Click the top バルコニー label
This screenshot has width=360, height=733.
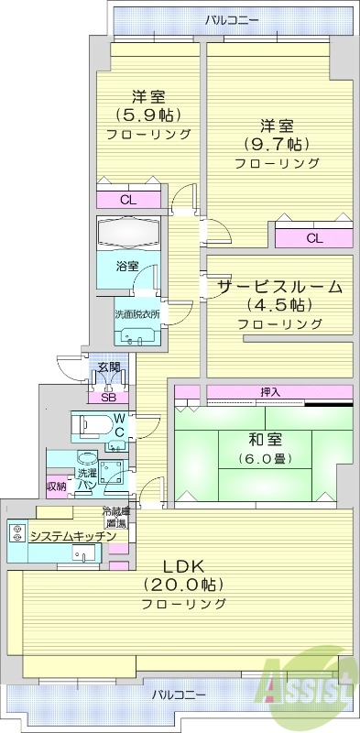(x=232, y=17)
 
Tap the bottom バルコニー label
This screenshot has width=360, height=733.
(x=180, y=694)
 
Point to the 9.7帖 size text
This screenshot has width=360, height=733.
(x=277, y=144)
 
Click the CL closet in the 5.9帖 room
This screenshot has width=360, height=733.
(x=128, y=199)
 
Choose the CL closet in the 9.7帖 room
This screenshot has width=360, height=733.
(x=314, y=238)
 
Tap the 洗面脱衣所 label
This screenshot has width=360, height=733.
(x=136, y=314)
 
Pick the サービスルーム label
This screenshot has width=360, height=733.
(x=279, y=286)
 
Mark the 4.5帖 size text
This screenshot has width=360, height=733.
(x=278, y=305)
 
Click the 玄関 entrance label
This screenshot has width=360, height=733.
(x=108, y=367)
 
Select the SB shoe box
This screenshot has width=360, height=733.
(x=108, y=397)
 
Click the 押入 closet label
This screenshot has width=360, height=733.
(x=270, y=392)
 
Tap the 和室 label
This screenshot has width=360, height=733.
(x=263, y=439)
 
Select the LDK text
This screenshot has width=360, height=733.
(x=184, y=565)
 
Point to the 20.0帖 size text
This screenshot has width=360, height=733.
(x=184, y=585)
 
